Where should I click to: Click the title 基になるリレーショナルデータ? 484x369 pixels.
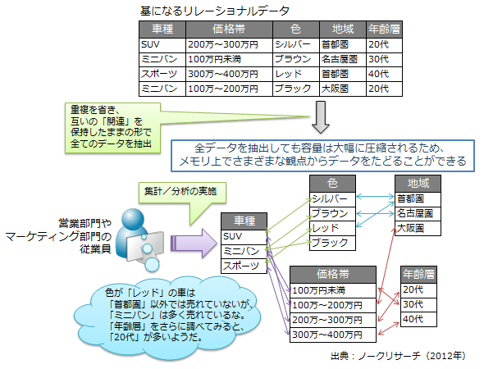click(x=215, y=11)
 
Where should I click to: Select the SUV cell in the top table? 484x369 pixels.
click(x=162, y=45)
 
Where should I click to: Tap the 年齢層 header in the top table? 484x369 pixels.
click(x=384, y=30)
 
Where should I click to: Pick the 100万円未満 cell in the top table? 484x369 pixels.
click(x=229, y=60)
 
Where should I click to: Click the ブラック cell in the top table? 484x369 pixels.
click(x=296, y=89)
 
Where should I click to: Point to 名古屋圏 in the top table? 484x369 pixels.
click(x=343, y=60)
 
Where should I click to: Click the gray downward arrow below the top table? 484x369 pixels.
click(x=321, y=117)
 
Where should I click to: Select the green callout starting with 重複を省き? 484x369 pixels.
click(x=112, y=128)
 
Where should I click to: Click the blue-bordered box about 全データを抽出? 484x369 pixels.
click(x=322, y=156)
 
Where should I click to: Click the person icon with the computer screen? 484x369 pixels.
click(x=139, y=239)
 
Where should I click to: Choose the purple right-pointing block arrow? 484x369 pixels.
click(x=194, y=243)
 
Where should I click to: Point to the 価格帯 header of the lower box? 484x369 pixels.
click(x=333, y=274)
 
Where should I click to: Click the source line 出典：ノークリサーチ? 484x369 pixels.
click(x=398, y=356)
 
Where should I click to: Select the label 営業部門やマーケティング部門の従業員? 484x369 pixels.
click(x=58, y=236)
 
